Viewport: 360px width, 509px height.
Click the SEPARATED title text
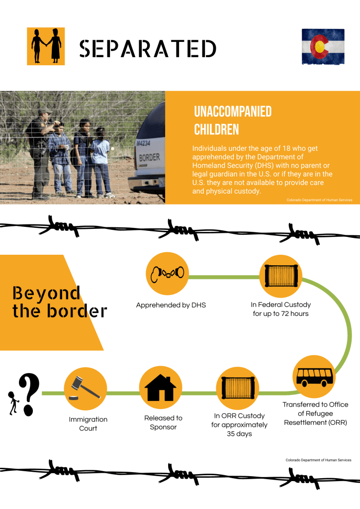(x=148, y=48)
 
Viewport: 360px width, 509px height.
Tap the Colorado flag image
(x=323, y=46)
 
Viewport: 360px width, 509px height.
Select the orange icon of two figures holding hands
(x=46, y=46)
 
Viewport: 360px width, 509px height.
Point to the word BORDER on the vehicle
(x=149, y=158)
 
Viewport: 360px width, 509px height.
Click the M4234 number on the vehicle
(x=144, y=143)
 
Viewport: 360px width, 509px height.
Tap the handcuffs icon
(x=167, y=273)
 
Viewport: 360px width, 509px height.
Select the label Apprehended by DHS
(x=171, y=305)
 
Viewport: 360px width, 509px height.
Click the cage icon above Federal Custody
(x=281, y=274)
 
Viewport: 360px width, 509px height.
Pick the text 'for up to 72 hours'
(x=281, y=314)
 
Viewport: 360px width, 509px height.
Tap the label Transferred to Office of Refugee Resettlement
(x=315, y=413)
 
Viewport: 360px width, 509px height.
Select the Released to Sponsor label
(x=163, y=423)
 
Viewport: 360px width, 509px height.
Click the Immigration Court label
(x=88, y=424)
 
